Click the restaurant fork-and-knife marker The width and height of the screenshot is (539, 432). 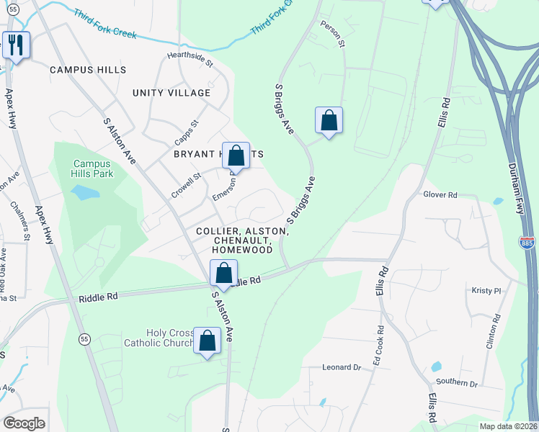14,46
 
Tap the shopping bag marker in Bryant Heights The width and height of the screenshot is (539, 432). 236,155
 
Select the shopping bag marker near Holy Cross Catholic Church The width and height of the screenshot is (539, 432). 207,341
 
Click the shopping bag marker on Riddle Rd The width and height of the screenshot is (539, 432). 223,274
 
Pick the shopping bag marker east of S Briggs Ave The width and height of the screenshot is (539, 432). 329,120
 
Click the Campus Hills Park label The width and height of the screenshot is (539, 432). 92,168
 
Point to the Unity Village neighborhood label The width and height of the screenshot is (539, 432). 171,93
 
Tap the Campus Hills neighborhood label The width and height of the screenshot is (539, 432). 88,70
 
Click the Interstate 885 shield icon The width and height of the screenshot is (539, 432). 527,245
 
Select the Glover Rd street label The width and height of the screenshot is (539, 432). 440,194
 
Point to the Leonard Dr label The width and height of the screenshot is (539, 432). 341,367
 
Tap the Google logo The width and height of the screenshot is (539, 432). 24,423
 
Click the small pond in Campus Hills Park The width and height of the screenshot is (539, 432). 85,192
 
